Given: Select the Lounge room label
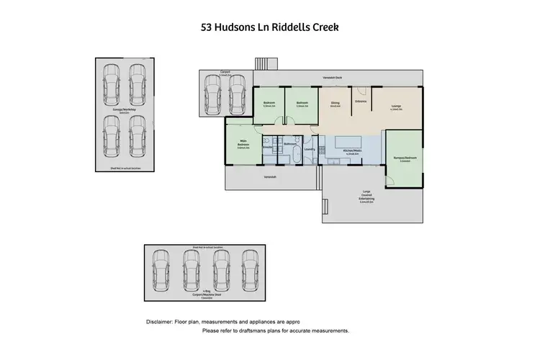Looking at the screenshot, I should click(396, 107).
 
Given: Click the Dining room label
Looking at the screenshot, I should click(335, 104).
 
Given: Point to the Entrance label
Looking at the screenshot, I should click(361, 101).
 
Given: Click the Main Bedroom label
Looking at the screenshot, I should click(243, 145).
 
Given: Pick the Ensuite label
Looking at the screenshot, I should click(266, 147).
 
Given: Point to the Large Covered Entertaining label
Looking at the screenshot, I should click(366, 196).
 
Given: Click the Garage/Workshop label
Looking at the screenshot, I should click(120, 112).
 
